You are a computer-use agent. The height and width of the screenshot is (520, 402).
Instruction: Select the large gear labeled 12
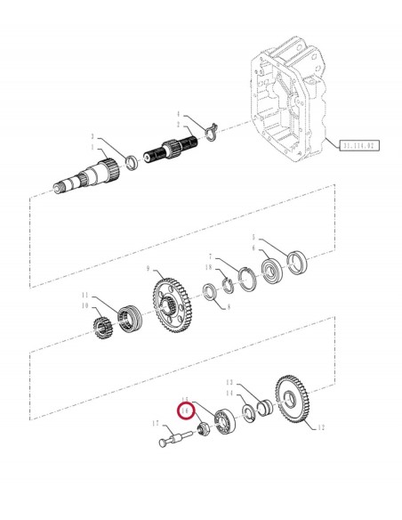[295, 402]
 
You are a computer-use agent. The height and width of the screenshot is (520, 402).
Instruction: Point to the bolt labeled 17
[174, 439]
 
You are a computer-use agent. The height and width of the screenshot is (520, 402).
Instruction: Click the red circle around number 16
[186, 412]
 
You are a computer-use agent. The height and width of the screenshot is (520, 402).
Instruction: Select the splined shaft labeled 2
[175, 145]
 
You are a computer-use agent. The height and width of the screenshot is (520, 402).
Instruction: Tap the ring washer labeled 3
[130, 163]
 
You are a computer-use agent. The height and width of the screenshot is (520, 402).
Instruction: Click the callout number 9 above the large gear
[149, 270]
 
